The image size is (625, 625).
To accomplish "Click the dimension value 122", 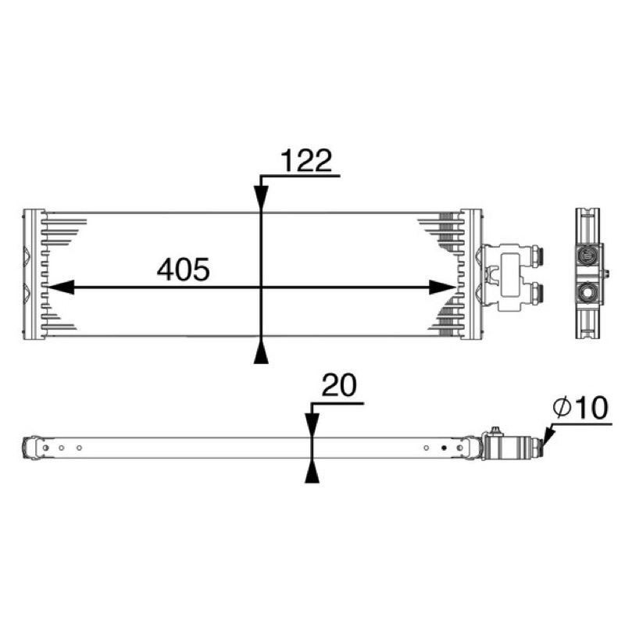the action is coord(306,160).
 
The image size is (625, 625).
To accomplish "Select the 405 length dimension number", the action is coord(184,270).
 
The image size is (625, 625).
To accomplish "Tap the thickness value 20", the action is coord(339,385).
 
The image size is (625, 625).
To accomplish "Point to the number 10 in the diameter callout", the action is coord(591,408).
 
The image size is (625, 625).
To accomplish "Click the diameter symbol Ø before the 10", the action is coord(562,408).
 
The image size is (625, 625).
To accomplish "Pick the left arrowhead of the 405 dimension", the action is coord(61,287).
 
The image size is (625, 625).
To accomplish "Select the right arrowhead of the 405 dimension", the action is coord(442,287).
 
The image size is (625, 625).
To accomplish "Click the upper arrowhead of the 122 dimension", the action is coord(261,198).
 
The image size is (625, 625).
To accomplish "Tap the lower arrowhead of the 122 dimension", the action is coord(261,351).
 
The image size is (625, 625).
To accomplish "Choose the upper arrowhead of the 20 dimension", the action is coord(312,425).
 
